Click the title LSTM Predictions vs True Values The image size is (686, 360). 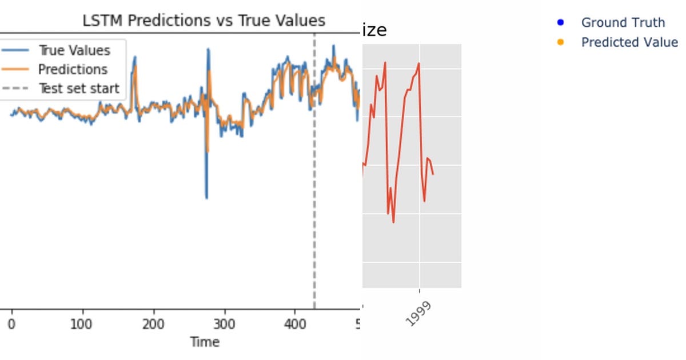(x=204, y=21)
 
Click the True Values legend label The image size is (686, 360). (x=74, y=50)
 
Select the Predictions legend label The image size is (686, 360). (x=73, y=70)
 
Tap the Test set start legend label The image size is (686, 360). (x=79, y=89)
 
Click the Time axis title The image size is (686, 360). (x=205, y=342)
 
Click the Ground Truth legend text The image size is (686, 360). (x=623, y=23)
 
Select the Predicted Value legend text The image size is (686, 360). (x=629, y=42)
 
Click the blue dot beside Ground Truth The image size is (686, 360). (x=560, y=23)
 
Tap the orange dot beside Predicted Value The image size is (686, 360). (x=560, y=42)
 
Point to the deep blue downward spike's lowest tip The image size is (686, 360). (x=206, y=198)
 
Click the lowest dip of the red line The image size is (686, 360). (x=393, y=222)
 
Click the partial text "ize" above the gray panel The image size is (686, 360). (x=374, y=30)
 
